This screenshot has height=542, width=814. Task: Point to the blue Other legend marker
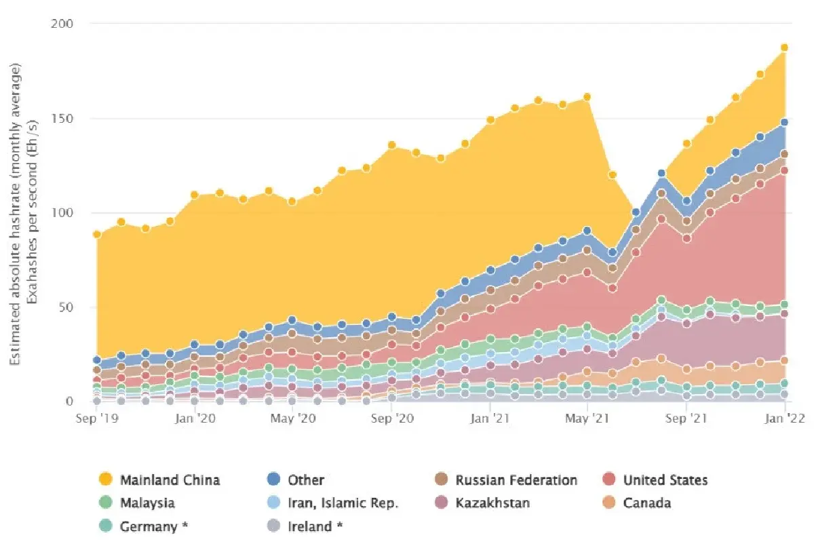(273, 480)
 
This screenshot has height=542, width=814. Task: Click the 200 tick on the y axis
(62, 24)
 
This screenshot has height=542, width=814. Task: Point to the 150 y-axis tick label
(62, 119)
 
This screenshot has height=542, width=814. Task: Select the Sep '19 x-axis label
(97, 419)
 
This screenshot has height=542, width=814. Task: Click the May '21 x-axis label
(587, 419)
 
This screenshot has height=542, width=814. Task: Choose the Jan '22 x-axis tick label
(785, 419)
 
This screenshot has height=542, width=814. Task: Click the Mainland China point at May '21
(587, 97)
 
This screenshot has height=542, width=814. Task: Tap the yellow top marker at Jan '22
(785, 47)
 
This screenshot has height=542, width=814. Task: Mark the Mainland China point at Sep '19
(97, 235)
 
